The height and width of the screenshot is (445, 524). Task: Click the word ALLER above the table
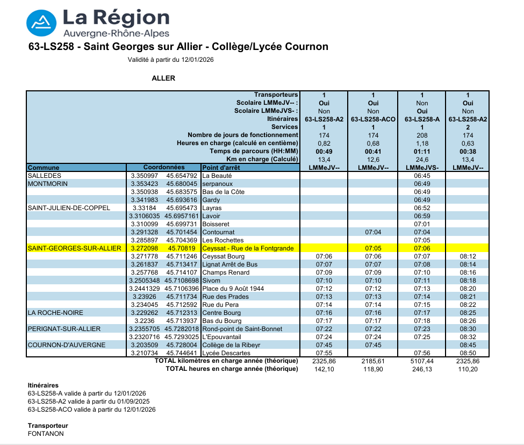pyautogui.click(x=163, y=78)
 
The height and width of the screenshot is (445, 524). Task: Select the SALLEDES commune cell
pyautogui.click(x=45, y=176)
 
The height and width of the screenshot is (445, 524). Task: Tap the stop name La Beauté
pyautogui.click(x=217, y=176)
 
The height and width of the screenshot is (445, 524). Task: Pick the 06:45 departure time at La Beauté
pyautogui.click(x=422, y=176)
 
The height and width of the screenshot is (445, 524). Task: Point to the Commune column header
pyautogui.click(x=44, y=168)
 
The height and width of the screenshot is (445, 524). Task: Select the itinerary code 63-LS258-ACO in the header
pyautogui.click(x=373, y=119)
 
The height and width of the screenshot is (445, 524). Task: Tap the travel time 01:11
pyautogui.click(x=422, y=151)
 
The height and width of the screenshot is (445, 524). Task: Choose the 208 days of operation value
pyautogui.click(x=422, y=135)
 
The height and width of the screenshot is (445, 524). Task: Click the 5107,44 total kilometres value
pyautogui.click(x=422, y=361)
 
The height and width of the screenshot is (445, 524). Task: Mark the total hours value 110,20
pyautogui.click(x=468, y=369)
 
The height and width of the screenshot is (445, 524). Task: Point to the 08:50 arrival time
pyautogui.click(x=468, y=353)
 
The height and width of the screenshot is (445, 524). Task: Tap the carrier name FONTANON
pyautogui.click(x=46, y=434)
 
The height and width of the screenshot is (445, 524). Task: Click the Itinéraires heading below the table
pyautogui.click(x=43, y=385)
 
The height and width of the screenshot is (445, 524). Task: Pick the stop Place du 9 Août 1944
pyautogui.click(x=233, y=289)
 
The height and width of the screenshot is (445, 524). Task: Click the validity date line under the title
pyautogui.click(x=170, y=60)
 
